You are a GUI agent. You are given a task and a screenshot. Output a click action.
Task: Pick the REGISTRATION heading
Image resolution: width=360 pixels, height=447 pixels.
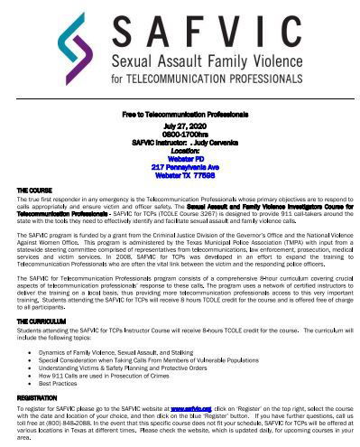click(37, 397)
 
